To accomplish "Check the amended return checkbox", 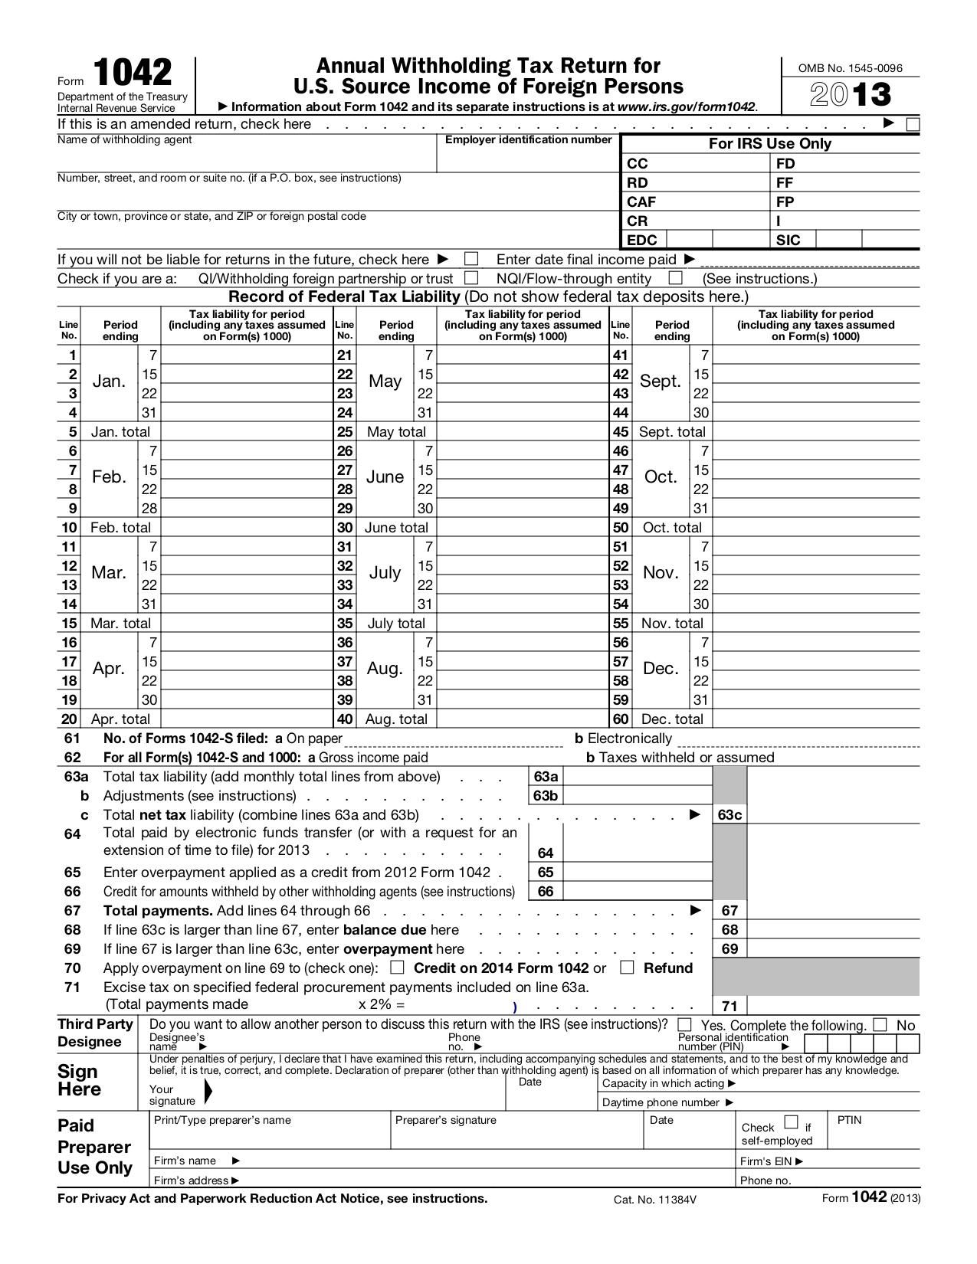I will click(x=912, y=124).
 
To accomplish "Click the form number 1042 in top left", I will click(x=133, y=74).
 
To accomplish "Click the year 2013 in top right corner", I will click(x=851, y=95).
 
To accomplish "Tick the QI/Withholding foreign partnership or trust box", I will click(x=472, y=278).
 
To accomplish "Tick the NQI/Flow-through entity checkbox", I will click(x=675, y=278).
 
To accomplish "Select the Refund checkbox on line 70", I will click(x=627, y=968).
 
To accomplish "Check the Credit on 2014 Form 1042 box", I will click(x=397, y=968).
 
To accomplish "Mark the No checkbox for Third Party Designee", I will click(x=880, y=1024).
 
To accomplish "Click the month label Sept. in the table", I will click(x=660, y=381).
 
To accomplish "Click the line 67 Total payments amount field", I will click(x=831, y=910).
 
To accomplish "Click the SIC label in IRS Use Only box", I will click(x=788, y=240).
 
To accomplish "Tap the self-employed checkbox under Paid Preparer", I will click(x=792, y=1123).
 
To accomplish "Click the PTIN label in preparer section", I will click(x=849, y=1120).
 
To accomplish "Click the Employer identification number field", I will click(x=527, y=159).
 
